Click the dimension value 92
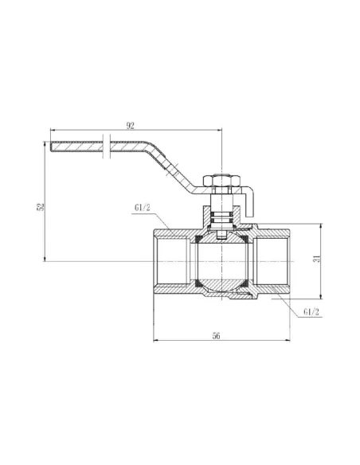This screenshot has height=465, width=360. coord(130,126)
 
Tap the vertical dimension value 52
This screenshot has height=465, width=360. coord(41,207)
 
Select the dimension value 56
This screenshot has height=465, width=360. coord(216,336)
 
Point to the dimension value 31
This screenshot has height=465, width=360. coord(317,259)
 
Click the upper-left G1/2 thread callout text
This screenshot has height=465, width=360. coord(143,207)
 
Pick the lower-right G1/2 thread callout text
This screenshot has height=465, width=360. coord(311,312)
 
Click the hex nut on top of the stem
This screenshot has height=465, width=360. coord(221,180)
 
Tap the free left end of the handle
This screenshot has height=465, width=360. coord(51,147)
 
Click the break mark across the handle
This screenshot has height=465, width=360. coord(107,147)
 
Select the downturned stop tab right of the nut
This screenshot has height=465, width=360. coord(249,201)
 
